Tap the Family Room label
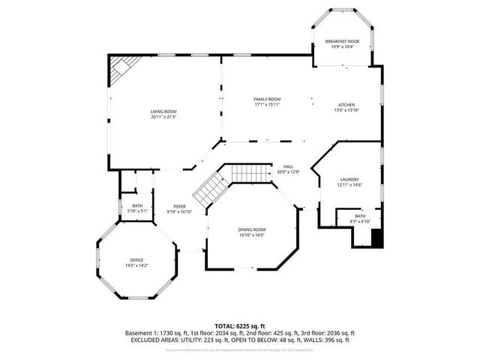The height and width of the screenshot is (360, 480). pos(266,99)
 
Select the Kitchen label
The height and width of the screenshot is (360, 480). pos(346,105)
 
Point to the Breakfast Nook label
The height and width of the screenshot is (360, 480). pos(342,41)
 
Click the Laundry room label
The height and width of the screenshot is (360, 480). pos(349,179)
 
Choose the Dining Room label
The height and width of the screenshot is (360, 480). pos(252,229)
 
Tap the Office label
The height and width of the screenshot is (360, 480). pos(136,259)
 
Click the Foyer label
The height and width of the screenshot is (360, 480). pos(179,206)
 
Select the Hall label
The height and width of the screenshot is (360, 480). pos(288,166)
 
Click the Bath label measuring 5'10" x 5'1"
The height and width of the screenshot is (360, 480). pos(137,205)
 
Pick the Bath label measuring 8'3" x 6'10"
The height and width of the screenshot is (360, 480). pos(361,216)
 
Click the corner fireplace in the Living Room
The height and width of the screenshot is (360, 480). pos(120,70)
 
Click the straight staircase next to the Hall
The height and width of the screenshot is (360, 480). pos(250,173)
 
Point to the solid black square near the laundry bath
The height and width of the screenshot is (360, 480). pos(377,238)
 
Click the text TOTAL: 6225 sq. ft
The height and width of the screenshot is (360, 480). pos(240,325)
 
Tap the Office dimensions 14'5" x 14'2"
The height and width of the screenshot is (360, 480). pos(136,265)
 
